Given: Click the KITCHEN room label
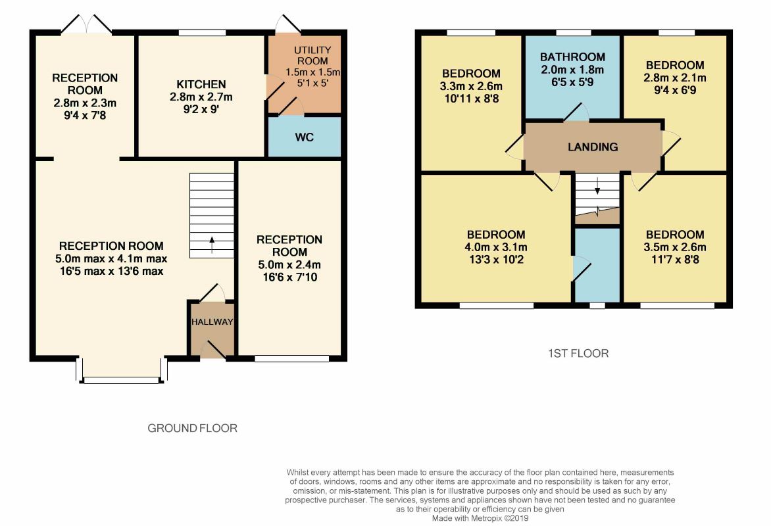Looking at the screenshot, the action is click(201, 85).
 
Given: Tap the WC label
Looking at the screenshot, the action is click(305, 137).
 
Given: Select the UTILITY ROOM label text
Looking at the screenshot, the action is click(312, 55).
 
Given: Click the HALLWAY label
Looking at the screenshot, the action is click(212, 322).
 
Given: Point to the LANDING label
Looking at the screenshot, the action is click(593, 147).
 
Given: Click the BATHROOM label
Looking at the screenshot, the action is click(572, 57).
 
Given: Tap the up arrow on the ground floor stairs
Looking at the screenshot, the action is click(212, 245).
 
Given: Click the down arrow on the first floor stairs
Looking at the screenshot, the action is click(597, 186).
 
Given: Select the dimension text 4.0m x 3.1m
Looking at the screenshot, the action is click(495, 247).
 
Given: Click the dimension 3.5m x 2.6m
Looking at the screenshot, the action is click(675, 247).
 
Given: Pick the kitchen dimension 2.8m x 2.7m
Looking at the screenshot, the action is click(201, 97).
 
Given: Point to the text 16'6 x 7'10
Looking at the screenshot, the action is click(289, 277).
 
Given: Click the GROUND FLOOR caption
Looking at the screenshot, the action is click(192, 429).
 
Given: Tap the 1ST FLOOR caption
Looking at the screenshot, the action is click(578, 354).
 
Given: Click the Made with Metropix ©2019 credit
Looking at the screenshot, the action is click(480, 518).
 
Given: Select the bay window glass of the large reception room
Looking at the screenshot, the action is click(122, 380).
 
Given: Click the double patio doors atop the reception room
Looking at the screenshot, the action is click(87, 24).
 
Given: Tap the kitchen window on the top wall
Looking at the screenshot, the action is click(202, 33).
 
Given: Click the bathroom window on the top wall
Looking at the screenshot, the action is click(574, 33).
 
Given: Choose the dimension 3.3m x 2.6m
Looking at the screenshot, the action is click(471, 87).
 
